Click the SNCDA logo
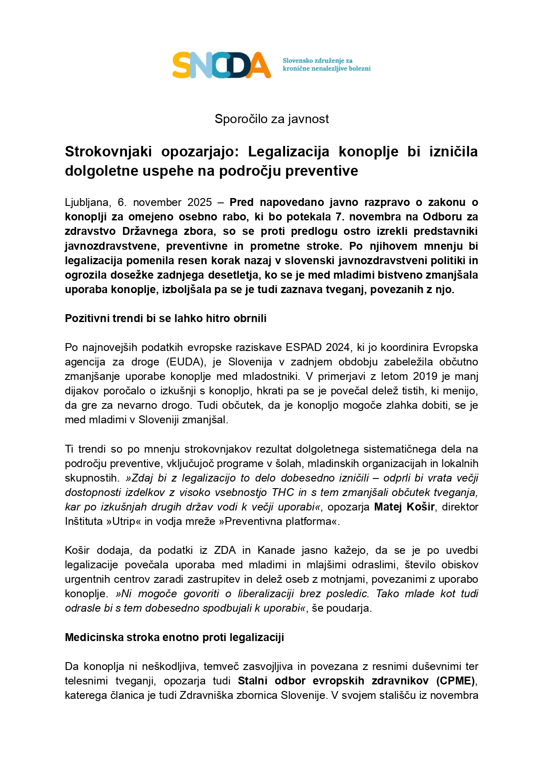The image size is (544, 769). click(221, 65)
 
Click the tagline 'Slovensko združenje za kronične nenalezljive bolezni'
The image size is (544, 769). click(326, 65)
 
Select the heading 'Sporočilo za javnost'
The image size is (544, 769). click(272, 119)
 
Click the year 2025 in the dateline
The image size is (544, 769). click(199, 202)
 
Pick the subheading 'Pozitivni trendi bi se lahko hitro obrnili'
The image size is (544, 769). click(166, 319)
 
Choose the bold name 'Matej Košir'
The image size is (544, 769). click(404, 507)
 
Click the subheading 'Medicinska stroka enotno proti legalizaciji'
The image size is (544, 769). click(174, 638)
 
